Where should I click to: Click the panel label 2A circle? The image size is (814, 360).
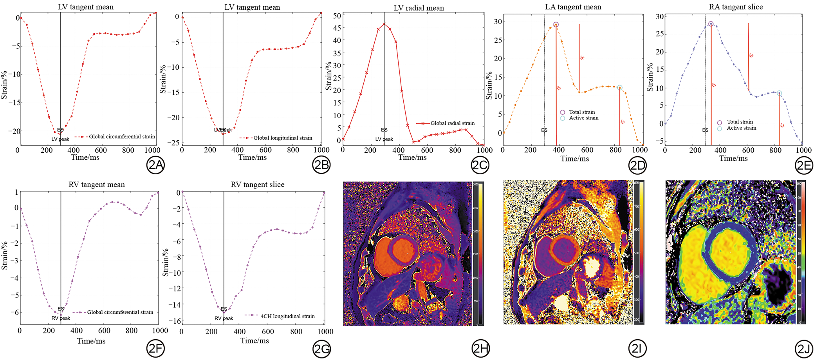point(155,165)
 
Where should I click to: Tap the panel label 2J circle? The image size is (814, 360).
point(804,349)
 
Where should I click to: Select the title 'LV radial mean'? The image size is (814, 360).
point(419,8)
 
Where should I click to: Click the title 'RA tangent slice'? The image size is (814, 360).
point(736,7)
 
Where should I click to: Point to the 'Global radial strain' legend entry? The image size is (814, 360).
point(452,123)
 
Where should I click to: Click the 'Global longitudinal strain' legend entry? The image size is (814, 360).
point(283,138)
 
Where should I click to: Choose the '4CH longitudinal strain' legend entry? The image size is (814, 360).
point(287,316)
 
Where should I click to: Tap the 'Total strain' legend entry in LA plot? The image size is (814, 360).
point(582,112)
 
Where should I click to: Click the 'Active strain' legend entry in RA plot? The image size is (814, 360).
point(741,128)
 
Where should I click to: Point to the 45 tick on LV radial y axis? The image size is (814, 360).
point(337,28)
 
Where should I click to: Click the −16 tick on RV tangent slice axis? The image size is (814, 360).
point(175,321)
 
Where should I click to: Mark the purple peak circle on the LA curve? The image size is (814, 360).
point(556,25)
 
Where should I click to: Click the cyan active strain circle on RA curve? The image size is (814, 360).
point(779,93)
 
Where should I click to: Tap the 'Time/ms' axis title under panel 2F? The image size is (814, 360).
point(91,341)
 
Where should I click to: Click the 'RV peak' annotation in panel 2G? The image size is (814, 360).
point(224,318)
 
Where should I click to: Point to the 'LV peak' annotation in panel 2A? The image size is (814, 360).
point(60,139)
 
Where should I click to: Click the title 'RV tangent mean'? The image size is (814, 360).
point(96,185)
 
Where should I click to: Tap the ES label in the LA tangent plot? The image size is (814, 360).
point(544,130)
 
